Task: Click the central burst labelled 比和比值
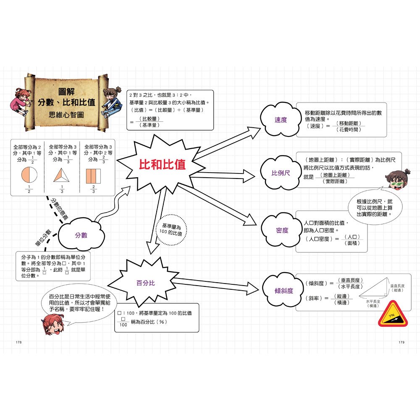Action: [x=162, y=165]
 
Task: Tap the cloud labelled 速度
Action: [x=281, y=120]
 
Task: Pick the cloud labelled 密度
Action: [x=282, y=230]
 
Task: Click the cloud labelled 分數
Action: [x=81, y=235]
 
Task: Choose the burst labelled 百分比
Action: [x=146, y=283]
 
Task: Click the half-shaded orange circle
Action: [x=29, y=175]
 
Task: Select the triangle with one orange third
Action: [x=61, y=175]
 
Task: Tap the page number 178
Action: [x=18, y=343]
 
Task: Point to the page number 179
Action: [x=401, y=343]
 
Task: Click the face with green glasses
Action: [x=395, y=181]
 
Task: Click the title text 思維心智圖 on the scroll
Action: [x=66, y=113]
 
